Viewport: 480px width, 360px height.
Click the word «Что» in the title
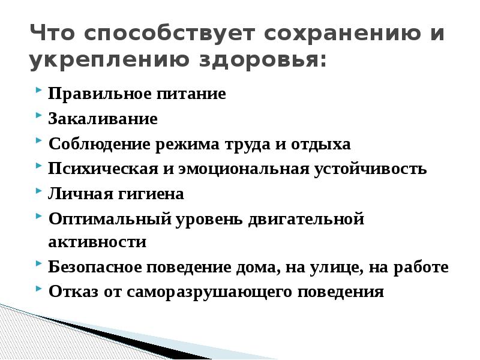[52, 32]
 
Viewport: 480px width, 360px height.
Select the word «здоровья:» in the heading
[263, 59]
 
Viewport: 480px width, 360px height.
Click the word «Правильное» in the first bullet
[100, 94]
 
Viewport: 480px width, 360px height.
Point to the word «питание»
[191, 94]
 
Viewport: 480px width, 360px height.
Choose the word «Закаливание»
[103, 119]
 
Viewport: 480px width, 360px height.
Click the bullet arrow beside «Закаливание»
[38, 115]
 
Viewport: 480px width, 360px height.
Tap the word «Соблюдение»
[99, 144]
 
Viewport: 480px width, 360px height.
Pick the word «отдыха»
[320, 145]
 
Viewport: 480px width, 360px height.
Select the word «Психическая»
[103, 169]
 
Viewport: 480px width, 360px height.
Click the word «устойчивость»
[370, 169]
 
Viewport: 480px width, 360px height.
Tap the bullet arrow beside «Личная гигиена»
[38, 190]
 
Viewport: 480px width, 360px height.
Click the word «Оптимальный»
[110, 219]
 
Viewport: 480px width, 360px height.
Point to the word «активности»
[97, 242]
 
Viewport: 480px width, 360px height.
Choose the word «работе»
[421, 267]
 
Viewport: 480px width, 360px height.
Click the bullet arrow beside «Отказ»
[38, 288]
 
